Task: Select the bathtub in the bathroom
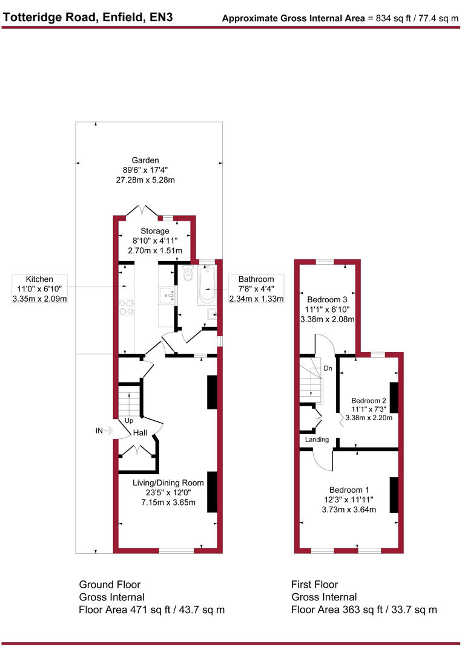click(x=207, y=285)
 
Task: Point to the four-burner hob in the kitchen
click(x=126, y=308)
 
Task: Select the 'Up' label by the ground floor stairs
click(x=128, y=420)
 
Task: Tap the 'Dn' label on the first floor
click(x=328, y=367)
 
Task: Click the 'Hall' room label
click(x=140, y=433)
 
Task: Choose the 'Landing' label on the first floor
click(x=317, y=440)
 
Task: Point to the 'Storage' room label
click(x=155, y=231)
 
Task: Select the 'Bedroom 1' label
click(x=349, y=490)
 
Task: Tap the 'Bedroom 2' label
click(x=369, y=400)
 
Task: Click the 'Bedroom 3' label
click(x=327, y=299)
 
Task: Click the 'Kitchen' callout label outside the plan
click(x=39, y=279)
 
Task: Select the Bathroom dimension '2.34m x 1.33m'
click(x=256, y=299)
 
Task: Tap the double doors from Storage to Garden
click(x=141, y=211)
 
